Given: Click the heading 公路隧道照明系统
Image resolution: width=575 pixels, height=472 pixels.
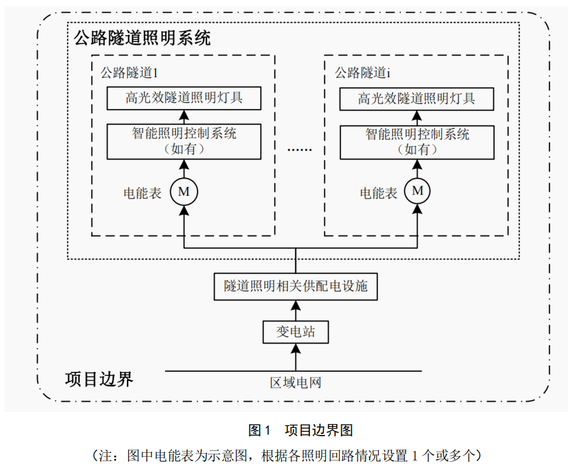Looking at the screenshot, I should coord(142,38).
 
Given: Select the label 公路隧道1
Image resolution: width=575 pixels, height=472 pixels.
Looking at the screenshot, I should coord(129,72).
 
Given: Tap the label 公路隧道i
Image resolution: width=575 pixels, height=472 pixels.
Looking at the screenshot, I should coord(362,72).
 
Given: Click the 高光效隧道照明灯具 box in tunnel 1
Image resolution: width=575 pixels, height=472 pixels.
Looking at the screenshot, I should coord(184,98).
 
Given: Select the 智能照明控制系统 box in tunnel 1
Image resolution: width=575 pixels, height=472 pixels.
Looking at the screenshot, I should coord(184,141).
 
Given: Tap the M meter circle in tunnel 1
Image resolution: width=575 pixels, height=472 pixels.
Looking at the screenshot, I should coord(184,191).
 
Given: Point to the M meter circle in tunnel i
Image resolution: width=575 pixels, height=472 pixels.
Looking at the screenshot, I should coord(418,191).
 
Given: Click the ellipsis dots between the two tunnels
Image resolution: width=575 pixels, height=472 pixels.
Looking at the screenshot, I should coord(300,149).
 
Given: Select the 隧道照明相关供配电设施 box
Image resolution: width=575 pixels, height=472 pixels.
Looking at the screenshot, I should coord(295,286).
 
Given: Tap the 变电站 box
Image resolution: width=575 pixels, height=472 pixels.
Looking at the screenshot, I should coord(295,332).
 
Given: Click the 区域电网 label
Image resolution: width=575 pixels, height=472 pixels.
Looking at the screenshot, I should coord(295,383).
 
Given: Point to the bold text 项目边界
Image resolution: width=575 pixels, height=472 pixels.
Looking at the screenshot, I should coord(99,379).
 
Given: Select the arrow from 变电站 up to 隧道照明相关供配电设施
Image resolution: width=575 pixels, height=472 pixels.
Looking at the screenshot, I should coord(295,309).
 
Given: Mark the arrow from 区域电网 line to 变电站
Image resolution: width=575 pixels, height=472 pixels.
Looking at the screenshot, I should coord(295,356).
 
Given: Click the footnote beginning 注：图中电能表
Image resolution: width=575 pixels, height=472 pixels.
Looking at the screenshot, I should coord(287,455).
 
